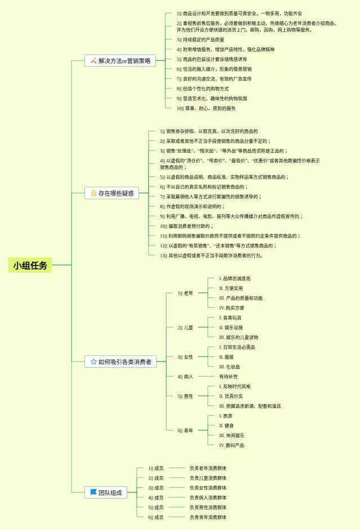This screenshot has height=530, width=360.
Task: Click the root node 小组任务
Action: tap(30, 265)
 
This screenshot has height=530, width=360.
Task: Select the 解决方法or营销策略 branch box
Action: tap(120, 61)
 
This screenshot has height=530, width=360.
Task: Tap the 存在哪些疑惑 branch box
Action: tap(111, 193)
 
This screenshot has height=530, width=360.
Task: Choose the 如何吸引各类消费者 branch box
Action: tap(120, 362)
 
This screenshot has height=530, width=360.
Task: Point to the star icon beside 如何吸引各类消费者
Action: tap(93, 362)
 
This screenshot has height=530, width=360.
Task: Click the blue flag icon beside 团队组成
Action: tap(93, 492)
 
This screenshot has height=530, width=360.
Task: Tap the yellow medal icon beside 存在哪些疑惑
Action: tap(93, 193)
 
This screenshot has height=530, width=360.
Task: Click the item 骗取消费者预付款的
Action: tap(186, 226)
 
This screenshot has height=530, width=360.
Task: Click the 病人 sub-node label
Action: tap(188, 377)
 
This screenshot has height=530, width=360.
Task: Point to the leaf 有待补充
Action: tap(228, 377)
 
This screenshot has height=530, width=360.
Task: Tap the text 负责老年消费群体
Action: tap(208, 468)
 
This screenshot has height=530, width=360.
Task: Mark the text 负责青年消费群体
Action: tap(208, 517)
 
